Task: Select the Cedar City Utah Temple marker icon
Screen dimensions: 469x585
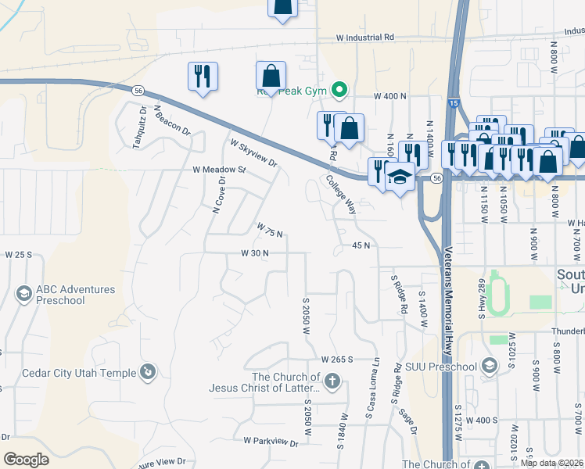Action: coord(147,371)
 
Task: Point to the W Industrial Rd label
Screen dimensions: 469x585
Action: coord(365,38)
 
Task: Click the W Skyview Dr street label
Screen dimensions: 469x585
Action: coord(253,153)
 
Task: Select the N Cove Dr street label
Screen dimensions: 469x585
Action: coord(219,194)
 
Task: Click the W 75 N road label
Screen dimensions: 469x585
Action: coord(269,230)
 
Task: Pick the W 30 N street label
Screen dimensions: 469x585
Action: coord(255,253)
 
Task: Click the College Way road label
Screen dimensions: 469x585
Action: coord(341,195)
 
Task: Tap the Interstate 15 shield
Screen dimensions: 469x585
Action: coord(455,102)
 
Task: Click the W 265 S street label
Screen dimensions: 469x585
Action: coord(338,359)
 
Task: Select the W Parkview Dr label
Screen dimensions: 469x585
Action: coord(271,442)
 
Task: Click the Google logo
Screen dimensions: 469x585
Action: coord(26,459)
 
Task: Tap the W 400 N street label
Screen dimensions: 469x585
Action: coord(391,95)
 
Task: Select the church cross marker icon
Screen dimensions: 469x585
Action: coord(332,381)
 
